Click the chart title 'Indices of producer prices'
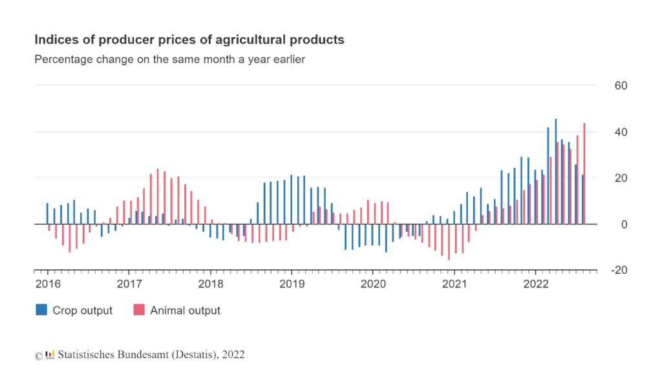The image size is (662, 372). tap(189, 40)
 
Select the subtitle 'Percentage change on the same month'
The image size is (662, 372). tap(169, 60)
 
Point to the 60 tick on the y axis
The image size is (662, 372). tap(620, 86)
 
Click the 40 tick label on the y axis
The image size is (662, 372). tap(620, 132)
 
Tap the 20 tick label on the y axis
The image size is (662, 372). tap(620, 178)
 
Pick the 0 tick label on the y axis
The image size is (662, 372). tap(623, 225)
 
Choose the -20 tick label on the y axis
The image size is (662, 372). tap(619, 271)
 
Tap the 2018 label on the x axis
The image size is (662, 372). tap(210, 284)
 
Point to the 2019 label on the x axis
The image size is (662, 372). tap(292, 284)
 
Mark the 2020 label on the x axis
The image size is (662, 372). tap(373, 284)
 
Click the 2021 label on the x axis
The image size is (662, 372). tap(454, 284)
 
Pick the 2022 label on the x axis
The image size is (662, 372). tap(536, 284)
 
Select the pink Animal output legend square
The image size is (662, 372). tap(138, 310)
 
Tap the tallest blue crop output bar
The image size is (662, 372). tap(555, 171)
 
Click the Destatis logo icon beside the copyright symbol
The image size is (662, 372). tap(50, 354)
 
